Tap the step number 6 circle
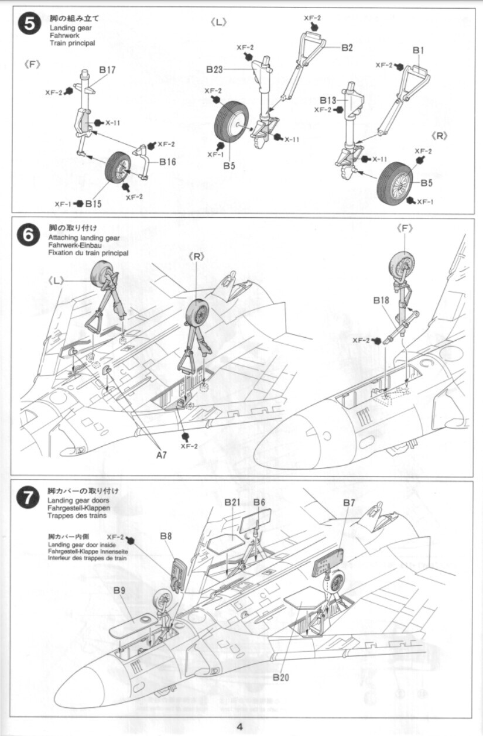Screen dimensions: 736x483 click(x=29, y=235)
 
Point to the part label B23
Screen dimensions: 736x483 click(x=214, y=69)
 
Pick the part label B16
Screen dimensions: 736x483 click(x=167, y=162)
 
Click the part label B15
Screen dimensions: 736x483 click(x=93, y=204)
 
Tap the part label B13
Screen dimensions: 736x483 click(x=328, y=100)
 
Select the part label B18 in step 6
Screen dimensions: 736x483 click(x=381, y=300)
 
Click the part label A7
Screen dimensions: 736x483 click(x=160, y=454)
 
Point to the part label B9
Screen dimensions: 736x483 click(x=119, y=590)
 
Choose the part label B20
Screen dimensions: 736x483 click(x=281, y=677)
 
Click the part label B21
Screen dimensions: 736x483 click(x=232, y=502)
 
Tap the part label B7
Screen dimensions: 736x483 click(x=350, y=502)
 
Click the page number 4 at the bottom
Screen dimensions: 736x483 click(x=241, y=727)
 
